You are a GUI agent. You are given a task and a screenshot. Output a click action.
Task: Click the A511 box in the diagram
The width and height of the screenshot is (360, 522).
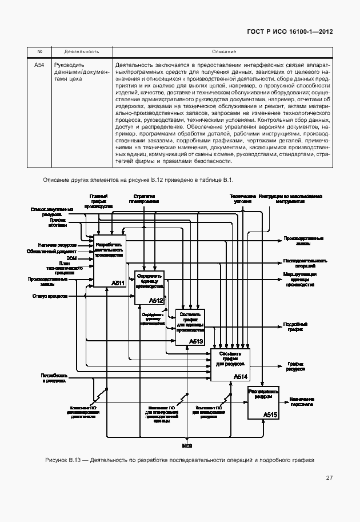[x=109, y=261]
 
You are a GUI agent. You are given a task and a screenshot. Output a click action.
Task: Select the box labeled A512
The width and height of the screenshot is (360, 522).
[x=149, y=288]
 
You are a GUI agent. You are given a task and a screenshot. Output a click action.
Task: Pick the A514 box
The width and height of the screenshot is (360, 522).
[x=230, y=364]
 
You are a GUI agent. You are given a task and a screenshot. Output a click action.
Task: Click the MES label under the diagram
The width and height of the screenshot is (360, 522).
[x=187, y=445]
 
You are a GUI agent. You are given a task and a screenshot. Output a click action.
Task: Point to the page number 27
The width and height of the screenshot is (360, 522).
[x=329, y=478]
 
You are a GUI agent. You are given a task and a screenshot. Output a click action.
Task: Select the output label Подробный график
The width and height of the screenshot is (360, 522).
[x=295, y=326]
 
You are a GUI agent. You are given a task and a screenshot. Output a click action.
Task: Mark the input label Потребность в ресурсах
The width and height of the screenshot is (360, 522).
[x=54, y=377]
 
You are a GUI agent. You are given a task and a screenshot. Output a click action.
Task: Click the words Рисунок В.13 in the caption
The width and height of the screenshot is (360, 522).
[x=65, y=460]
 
